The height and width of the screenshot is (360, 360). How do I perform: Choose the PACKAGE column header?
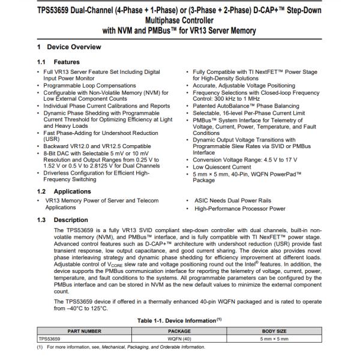179,331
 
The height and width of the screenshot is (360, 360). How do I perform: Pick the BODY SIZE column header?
275,331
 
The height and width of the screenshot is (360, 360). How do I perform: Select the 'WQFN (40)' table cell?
179,338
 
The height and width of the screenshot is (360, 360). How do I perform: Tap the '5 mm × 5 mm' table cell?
275,338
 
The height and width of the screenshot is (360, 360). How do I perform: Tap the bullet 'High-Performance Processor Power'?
239,208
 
